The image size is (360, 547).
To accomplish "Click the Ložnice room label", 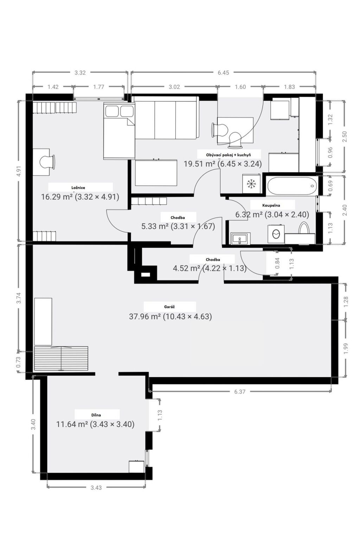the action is tap(78, 187).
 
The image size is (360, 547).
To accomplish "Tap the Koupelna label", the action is tap(271, 205).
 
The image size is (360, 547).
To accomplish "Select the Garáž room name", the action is tap(169, 307).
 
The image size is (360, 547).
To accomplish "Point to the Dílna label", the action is tap(96, 415).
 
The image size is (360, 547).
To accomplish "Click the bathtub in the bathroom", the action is tap(292, 186).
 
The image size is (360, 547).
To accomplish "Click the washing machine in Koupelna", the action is tap(276, 234).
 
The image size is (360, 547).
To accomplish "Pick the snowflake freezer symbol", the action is tap(251, 184).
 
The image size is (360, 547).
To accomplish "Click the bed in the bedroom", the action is tap(119, 131).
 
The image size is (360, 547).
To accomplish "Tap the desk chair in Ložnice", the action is tap(47, 162).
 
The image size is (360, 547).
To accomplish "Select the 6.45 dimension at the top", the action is tap(223, 72).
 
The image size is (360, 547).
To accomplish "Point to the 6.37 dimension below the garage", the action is tap(240, 392).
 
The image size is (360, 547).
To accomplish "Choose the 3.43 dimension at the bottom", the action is tap(96, 488).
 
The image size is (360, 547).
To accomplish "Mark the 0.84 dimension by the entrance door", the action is tap(277, 263).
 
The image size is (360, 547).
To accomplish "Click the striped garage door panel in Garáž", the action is tap(61, 359).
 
